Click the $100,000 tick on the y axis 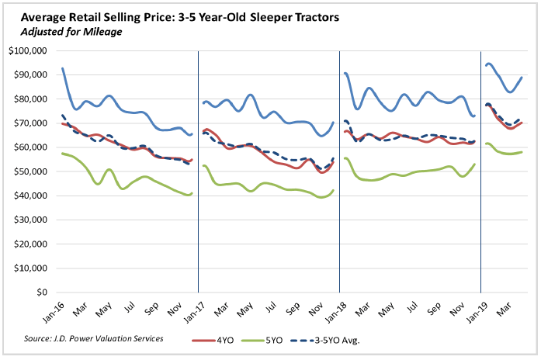28,51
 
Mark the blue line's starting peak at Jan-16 62,68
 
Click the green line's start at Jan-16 62,154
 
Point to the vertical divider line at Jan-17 199,171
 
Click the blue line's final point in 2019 521,77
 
